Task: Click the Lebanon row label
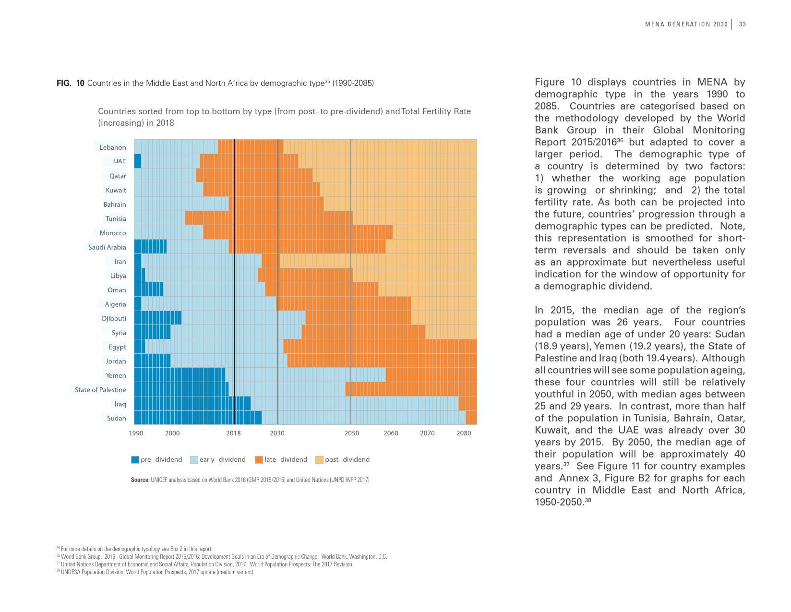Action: point(113,147)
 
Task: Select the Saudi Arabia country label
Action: point(107,247)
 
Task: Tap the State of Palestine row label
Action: point(100,390)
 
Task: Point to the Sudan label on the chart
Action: point(117,418)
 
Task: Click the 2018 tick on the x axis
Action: point(233,433)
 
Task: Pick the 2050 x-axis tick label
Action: point(352,433)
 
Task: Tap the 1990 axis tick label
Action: point(136,433)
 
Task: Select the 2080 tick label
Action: point(464,433)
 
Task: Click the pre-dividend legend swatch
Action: point(135,460)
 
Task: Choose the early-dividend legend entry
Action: point(222,459)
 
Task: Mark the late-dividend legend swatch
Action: point(259,460)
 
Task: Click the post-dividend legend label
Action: point(347,459)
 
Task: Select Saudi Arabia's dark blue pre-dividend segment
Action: point(150,247)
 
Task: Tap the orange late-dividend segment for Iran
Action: point(271,261)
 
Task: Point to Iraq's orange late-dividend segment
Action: point(467,404)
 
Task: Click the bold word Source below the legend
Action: point(140,480)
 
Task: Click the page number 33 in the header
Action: point(742,24)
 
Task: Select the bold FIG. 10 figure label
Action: point(71,83)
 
